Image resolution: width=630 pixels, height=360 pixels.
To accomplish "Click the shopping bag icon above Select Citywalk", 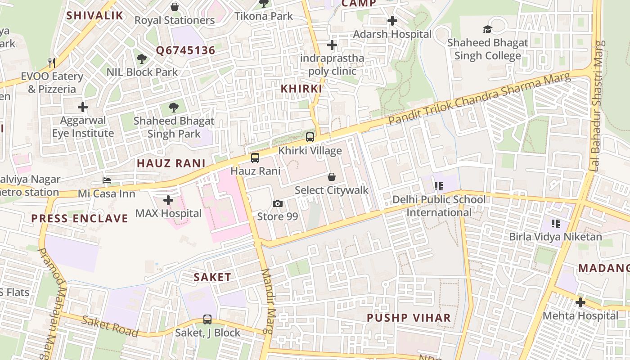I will (x=332, y=177).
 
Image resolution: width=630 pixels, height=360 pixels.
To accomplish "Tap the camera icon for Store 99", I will (x=278, y=203).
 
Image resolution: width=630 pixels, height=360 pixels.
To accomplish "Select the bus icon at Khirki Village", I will (x=310, y=137).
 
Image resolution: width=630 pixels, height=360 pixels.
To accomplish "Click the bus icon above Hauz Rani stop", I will (x=255, y=158).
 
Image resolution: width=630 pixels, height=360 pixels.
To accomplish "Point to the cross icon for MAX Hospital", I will (x=168, y=200).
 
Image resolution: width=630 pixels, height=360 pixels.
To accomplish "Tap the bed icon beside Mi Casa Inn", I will (x=107, y=180).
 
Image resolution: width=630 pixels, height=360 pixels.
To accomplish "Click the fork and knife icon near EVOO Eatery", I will (x=52, y=63).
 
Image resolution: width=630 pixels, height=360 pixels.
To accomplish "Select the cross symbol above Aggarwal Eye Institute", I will (x=83, y=107).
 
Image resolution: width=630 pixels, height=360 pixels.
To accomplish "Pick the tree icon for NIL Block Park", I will (x=142, y=58).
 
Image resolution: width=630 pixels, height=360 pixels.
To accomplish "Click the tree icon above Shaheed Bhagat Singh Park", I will (x=174, y=108).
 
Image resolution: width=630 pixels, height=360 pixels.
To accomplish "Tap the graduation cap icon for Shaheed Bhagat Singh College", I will (x=488, y=30).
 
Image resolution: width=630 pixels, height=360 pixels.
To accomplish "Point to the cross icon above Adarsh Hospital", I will (x=392, y=21).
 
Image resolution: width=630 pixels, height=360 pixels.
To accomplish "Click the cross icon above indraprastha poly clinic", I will (x=332, y=45).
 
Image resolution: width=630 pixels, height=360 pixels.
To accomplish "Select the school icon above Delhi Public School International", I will (x=439, y=186).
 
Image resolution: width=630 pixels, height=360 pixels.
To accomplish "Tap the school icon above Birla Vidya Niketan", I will (x=555, y=223).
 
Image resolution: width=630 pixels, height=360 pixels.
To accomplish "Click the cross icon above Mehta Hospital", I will (x=580, y=302).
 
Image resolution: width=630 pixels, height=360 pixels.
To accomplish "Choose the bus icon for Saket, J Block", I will (x=207, y=319).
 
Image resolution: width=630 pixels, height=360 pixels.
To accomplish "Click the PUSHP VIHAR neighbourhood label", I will (x=409, y=318).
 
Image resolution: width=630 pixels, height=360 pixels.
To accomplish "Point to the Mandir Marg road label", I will (x=268, y=301).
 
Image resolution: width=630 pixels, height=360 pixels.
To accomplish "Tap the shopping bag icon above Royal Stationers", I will (x=175, y=7).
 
